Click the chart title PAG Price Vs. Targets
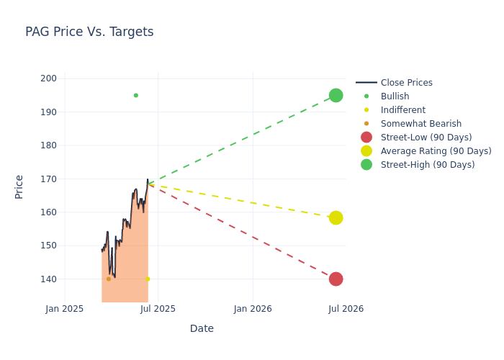point(89,32)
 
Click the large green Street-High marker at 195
point(336,95)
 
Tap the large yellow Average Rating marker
point(336,217)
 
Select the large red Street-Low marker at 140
point(336,279)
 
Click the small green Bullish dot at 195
point(135,95)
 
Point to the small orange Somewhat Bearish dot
point(109,279)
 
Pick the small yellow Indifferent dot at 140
point(148,279)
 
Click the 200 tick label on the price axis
point(49,78)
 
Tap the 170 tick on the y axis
point(49,179)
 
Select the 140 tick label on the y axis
point(49,279)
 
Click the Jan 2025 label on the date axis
point(65,309)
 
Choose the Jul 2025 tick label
point(158,309)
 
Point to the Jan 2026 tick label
point(253,309)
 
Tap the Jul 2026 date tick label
point(346,309)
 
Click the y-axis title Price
point(19,186)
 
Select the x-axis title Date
point(202,329)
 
